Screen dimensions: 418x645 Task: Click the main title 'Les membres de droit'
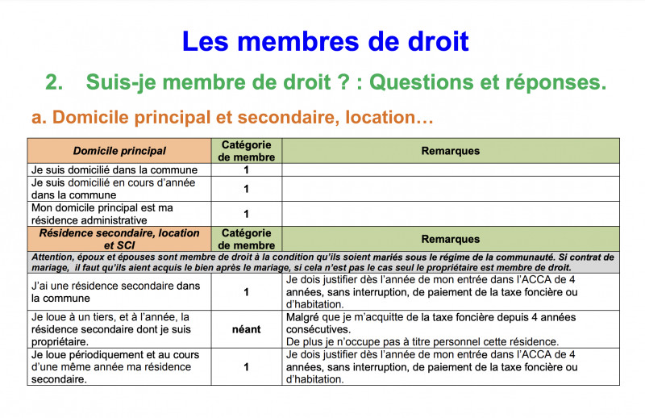coord(325,41)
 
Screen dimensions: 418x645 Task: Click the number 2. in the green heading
coord(56,82)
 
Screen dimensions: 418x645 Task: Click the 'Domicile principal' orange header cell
coord(119,151)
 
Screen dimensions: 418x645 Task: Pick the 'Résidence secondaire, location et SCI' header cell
coord(119,239)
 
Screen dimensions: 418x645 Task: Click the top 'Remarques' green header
coord(450,151)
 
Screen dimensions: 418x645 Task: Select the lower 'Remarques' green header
coord(450,239)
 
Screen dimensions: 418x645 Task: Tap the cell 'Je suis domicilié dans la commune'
coord(114,170)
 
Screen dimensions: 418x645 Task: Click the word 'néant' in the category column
coord(247,329)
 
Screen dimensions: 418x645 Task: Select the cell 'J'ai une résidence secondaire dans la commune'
coord(114,292)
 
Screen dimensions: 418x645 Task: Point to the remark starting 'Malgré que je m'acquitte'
coord(431,329)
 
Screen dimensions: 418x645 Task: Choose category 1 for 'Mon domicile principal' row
coord(247,214)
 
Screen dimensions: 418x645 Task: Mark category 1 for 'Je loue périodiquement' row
coord(247,366)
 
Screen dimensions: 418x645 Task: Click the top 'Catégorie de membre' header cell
coord(247,151)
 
